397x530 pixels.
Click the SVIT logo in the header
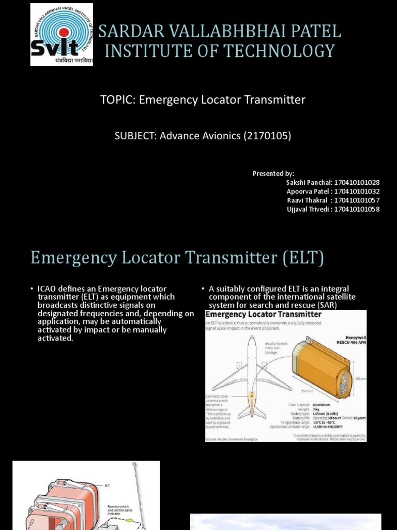point(62,35)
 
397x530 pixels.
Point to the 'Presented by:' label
point(273,173)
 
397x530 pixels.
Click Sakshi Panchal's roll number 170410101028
point(357,183)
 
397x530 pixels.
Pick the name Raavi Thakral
point(308,200)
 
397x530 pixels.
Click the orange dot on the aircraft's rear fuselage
point(252,395)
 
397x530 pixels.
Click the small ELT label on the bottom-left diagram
point(108,486)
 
